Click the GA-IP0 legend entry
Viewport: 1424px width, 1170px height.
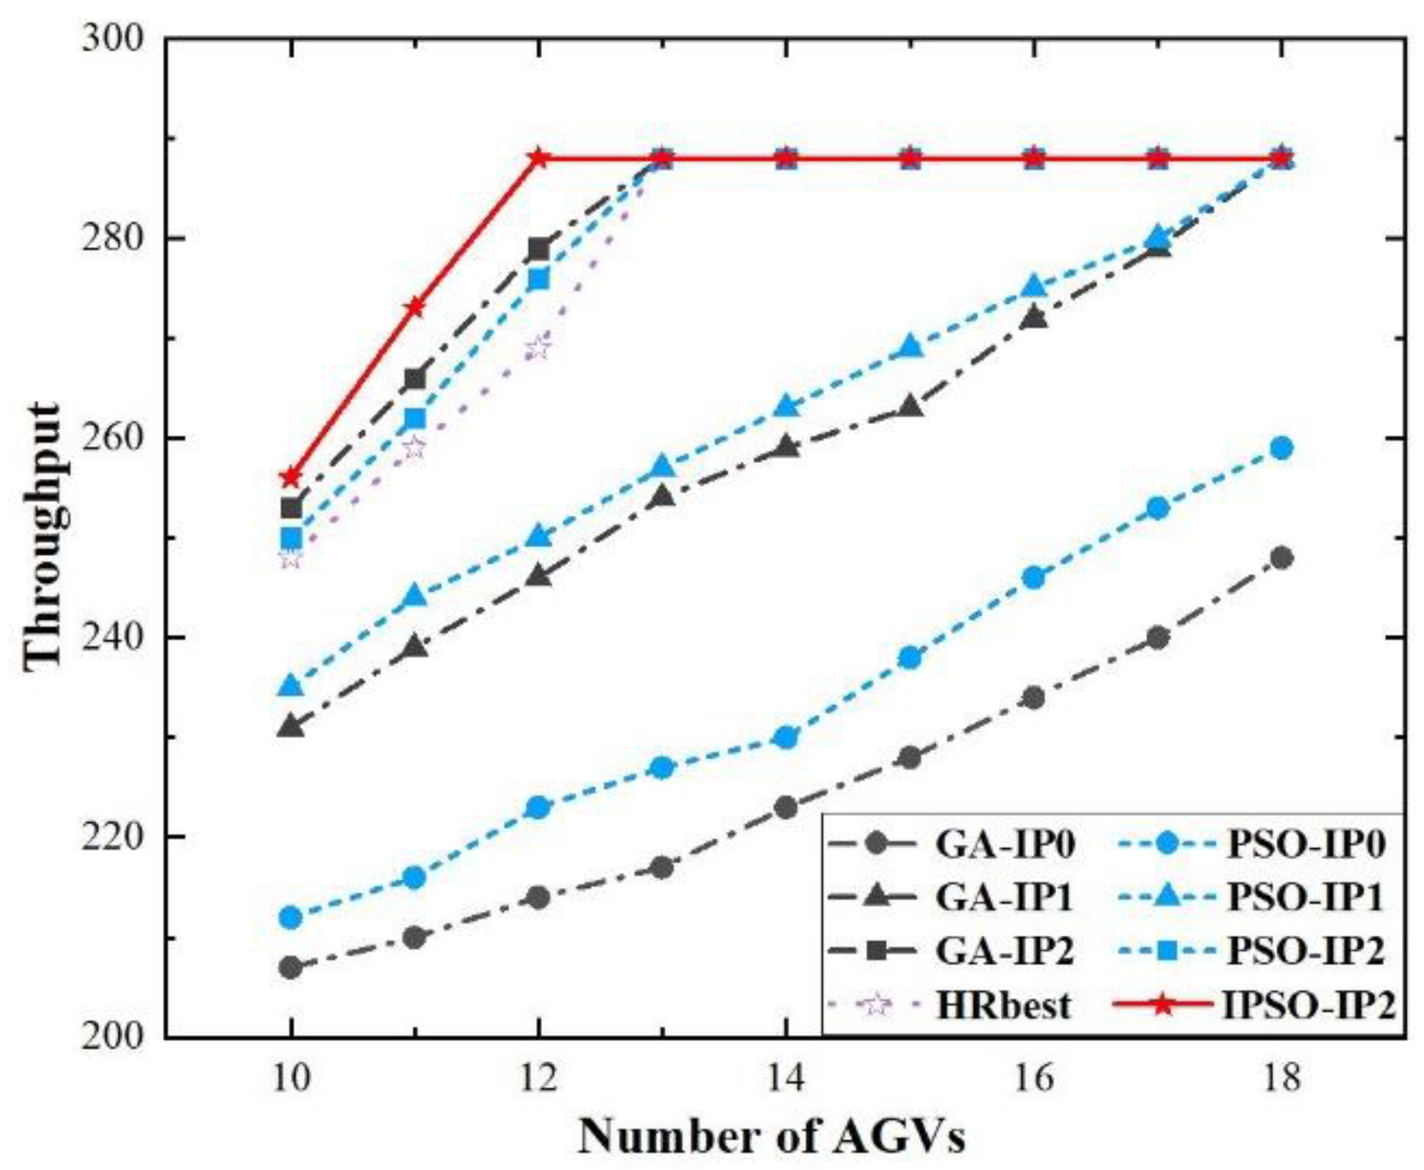tap(1004, 844)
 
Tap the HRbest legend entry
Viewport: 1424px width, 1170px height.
tap(1002, 1005)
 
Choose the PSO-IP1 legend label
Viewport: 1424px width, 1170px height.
tap(1305, 898)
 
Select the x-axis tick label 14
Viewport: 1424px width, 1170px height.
tap(785, 1078)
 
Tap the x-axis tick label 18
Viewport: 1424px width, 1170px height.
tap(1281, 1078)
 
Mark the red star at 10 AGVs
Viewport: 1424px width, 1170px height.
tap(291, 477)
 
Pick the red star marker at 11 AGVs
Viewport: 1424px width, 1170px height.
tap(415, 307)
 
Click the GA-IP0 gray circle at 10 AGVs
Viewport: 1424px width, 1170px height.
tap(291, 967)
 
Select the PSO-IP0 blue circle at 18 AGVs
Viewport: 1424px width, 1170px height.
tap(1281, 448)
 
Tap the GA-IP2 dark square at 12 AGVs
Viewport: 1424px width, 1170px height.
tap(538, 249)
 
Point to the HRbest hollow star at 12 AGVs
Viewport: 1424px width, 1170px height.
tap(538, 347)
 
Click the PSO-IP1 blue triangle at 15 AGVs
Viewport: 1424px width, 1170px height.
tap(910, 347)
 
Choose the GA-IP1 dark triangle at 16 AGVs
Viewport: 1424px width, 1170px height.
tap(1033, 317)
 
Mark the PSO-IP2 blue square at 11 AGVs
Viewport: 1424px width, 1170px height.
tap(415, 419)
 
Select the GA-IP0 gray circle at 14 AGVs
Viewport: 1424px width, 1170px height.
tap(785, 808)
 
